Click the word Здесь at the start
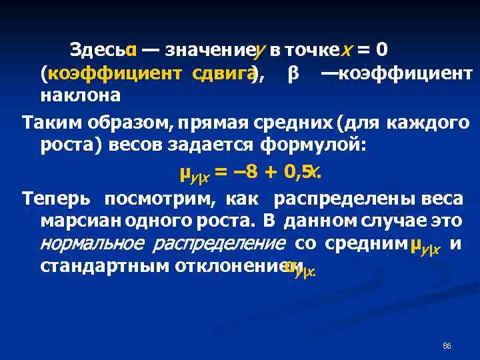coord(98,50)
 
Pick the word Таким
coord(48,123)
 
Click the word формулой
coord(313,145)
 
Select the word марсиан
coord(73,220)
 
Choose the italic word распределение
coord(219,243)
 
